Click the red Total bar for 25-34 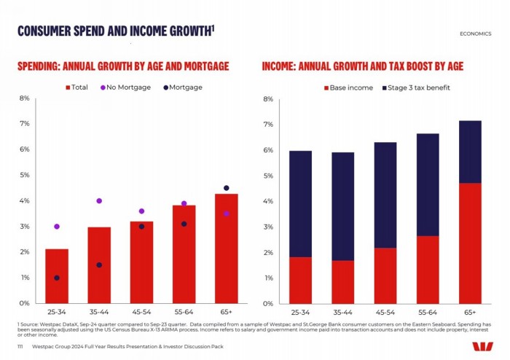pyautogui.click(x=57, y=276)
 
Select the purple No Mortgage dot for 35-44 pyautogui.click(x=99, y=200)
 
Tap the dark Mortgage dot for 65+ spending pyautogui.click(x=226, y=188)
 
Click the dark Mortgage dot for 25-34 pyautogui.click(x=57, y=278)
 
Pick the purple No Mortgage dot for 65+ pyautogui.click(x=226, y=214)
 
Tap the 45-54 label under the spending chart pyautogui.click(x=141, y=312)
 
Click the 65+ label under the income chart pyautogui.click(x=471, y=312)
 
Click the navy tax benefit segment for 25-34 pyautogui.click(x=300, y=203)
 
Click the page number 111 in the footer pyautogui.click(x=20, y=348)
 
